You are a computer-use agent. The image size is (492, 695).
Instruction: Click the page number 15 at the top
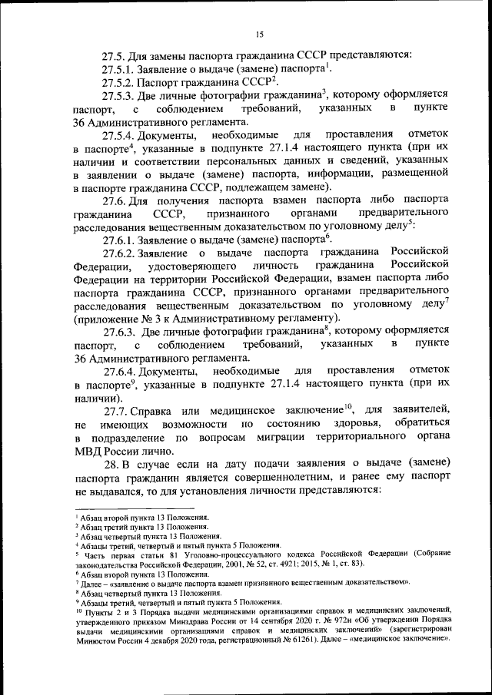pos(260,33)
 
